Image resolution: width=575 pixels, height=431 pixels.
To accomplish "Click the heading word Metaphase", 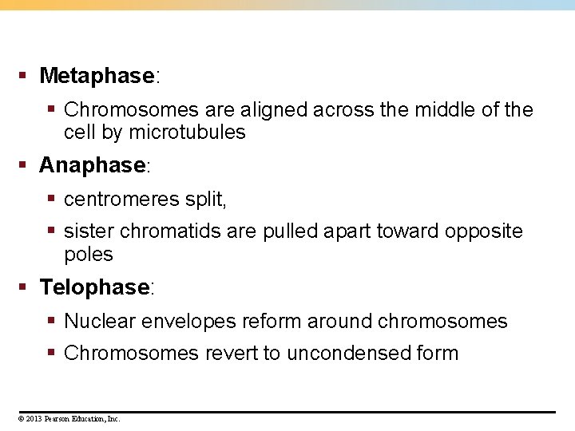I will tap(96, 76).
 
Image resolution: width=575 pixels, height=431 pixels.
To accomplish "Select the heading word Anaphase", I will tap(93, 165).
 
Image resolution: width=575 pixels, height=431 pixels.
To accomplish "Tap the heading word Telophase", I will tap(95, 287).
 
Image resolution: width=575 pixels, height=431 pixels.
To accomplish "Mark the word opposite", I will tap(484, 231).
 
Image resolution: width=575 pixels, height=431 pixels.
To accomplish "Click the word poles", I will tap(89, 255).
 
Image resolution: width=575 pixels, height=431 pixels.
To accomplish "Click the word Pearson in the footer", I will tap(57, 418).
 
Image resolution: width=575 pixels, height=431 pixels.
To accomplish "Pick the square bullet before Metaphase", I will tap(24, 76).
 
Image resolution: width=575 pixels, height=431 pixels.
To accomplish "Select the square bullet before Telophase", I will tap(24, 287).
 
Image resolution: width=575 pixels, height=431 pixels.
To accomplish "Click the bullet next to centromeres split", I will tap(51, 199).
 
